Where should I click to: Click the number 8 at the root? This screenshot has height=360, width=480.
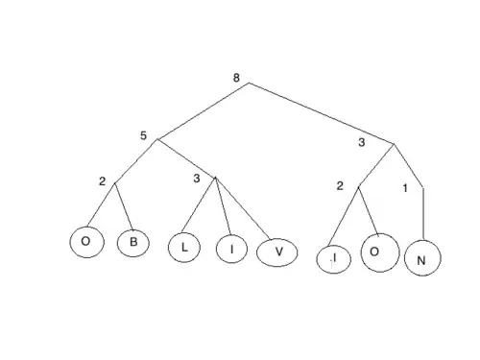point(236,78)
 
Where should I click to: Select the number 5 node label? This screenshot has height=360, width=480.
point(143,135)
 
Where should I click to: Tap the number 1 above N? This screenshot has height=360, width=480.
point(405,188)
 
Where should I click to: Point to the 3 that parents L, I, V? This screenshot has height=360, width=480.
point(197,179)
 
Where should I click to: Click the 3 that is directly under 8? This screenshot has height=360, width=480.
point(362,142)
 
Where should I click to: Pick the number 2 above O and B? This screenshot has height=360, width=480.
point(102,181)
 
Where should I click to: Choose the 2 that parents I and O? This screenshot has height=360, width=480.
point(340,186)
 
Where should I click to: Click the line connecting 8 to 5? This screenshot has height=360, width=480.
point(203,111)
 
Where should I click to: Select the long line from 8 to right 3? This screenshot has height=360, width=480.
point(322,113)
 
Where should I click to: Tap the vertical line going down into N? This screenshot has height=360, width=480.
point(423,214)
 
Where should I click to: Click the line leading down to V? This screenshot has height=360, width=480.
point(243,208)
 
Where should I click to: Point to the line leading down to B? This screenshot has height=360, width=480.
point(124,206)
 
